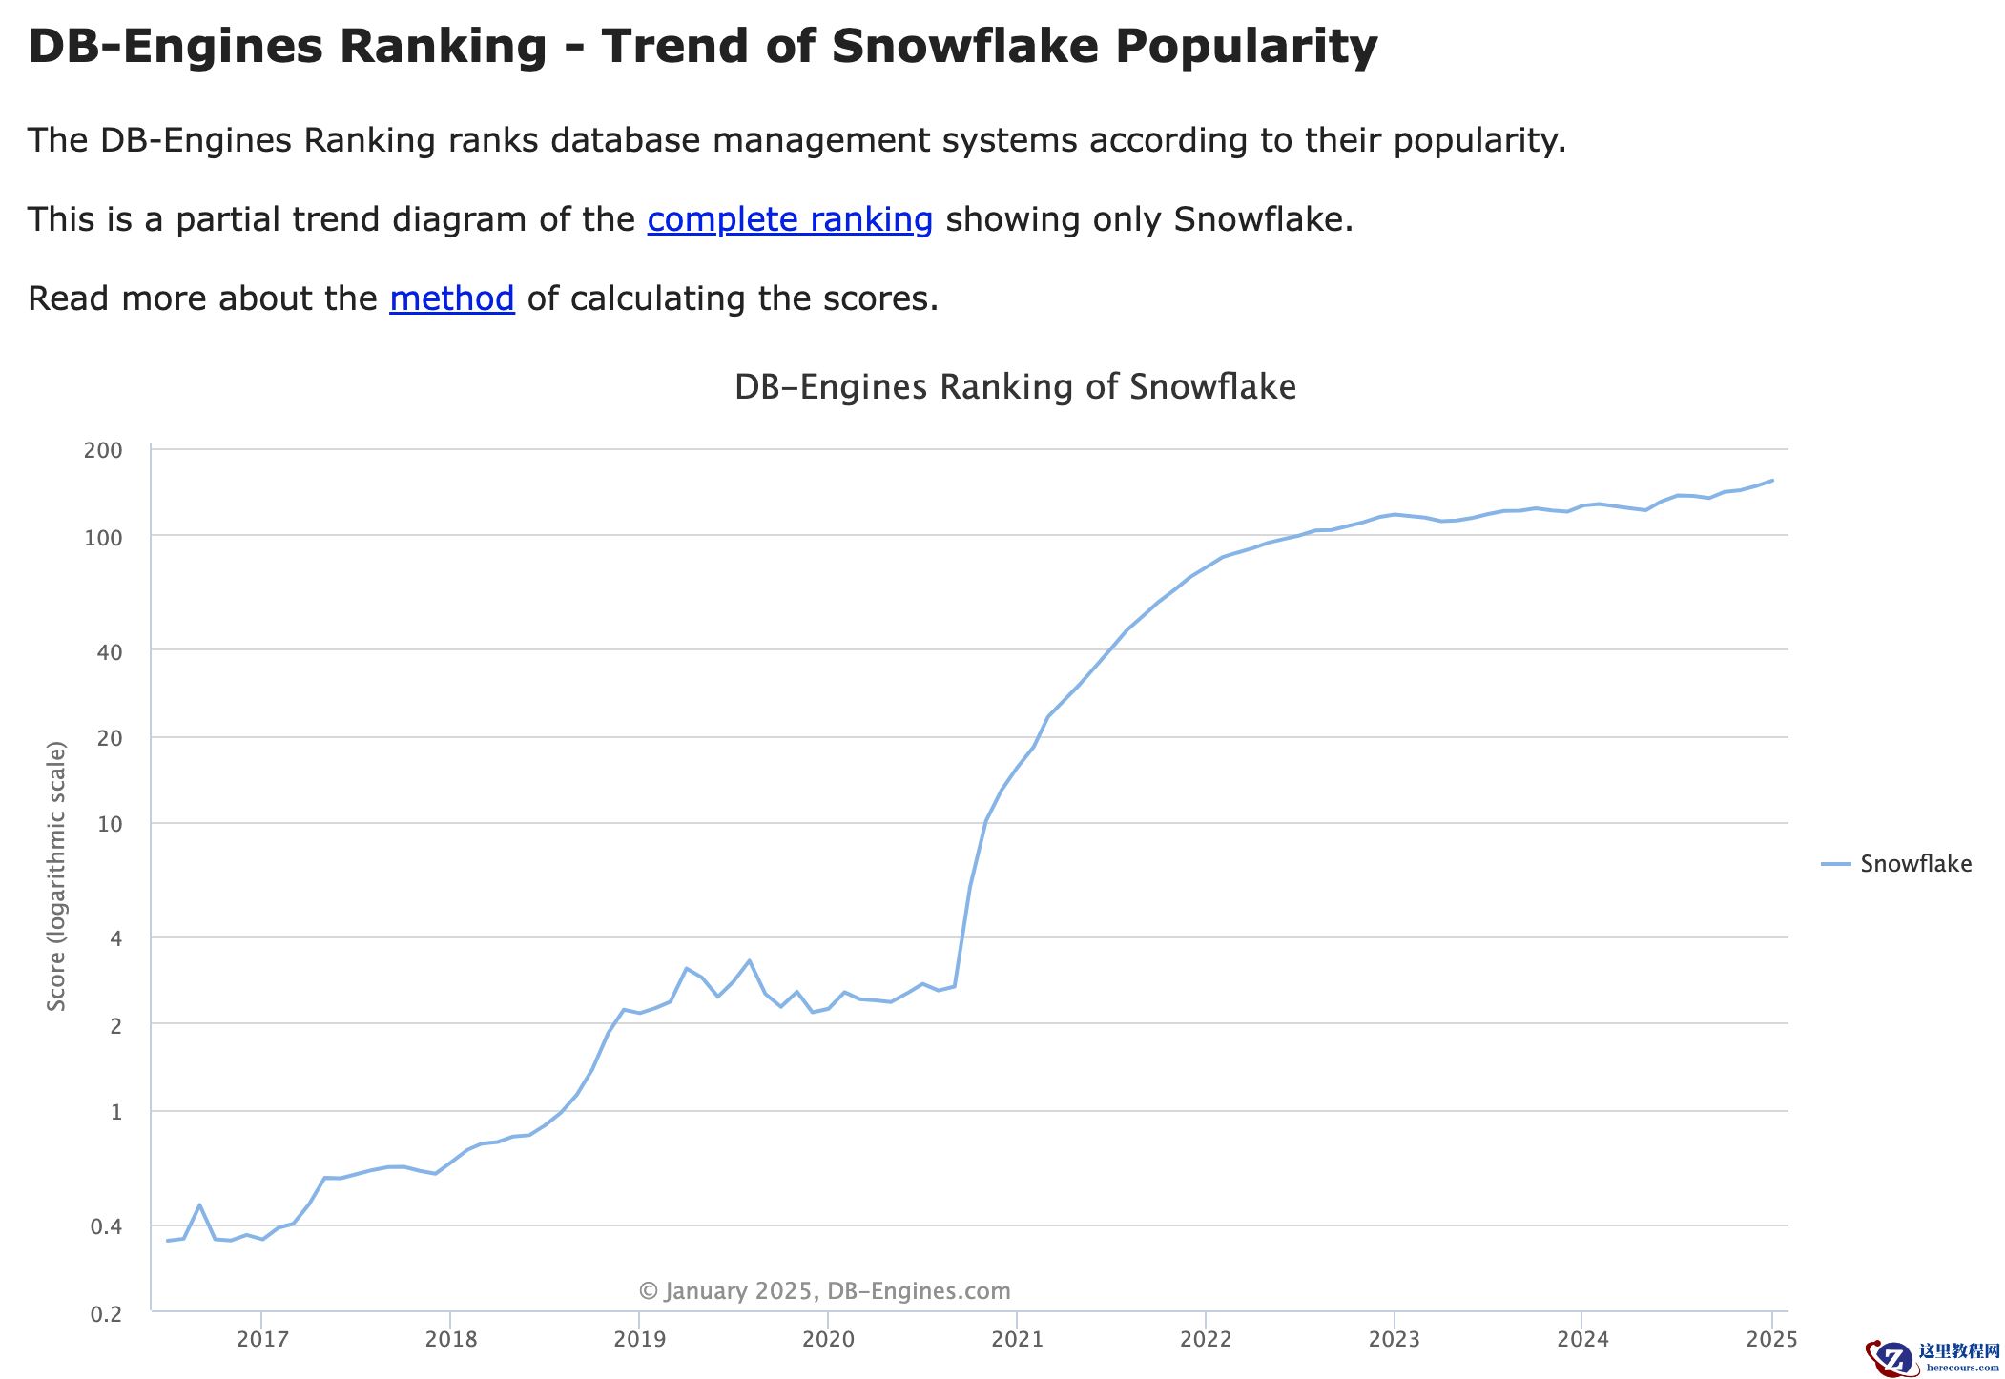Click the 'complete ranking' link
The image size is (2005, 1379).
tap(790, 219)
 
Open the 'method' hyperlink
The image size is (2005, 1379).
tap(452, 298)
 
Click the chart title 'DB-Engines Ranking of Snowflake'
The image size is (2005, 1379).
tap(1015, 387)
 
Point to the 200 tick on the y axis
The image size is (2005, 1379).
tap(103, 450)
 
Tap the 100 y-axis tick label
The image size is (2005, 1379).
tap(103, 538)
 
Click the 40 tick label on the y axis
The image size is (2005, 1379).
tap(110, 652)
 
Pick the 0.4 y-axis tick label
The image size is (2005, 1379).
tap(106, 1226)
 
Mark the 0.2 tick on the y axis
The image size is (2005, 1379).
tap(106, 1314)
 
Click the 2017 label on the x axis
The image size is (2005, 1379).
tap(262, 1339)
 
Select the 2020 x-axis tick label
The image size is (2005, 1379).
tap(828, 1339)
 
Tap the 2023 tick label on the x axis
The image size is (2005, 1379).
tap(1394, 1339)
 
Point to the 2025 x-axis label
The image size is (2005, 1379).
tap(1771, 1339)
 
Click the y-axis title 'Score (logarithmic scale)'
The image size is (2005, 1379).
tap(57, 875)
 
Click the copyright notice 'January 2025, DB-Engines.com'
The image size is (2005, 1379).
tap(824, 1291)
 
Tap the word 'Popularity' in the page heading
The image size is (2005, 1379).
tap(1246, 46)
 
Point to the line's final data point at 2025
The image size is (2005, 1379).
tap(1771, 481)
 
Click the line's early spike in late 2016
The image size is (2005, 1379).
tap(199, 1205)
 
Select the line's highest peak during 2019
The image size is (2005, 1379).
tap(749, 960)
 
